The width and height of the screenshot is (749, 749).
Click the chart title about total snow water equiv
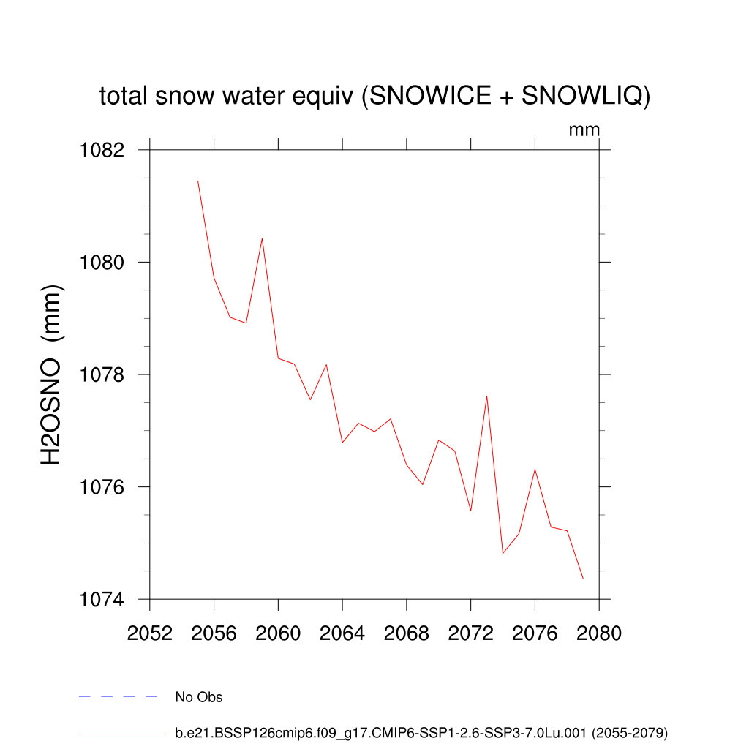(374, 96)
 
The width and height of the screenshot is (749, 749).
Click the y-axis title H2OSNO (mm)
(52, 374)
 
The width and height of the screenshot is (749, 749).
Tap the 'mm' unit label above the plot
(584, 130)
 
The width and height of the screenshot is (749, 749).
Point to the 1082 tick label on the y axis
(102, 150)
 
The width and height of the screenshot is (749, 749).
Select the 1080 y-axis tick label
(102, 263)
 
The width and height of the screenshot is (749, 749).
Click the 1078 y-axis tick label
(102, 374)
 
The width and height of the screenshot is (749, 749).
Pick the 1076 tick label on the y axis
(102, 487)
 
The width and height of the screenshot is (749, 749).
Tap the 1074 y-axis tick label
(102, 600)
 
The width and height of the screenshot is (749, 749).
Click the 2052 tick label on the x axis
(150, 633)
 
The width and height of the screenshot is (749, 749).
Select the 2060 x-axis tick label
(278, 633)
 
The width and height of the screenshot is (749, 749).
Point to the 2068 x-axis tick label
(407, 633)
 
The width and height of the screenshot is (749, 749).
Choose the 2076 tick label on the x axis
(535, 633)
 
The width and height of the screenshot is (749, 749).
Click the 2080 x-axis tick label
(599, 633)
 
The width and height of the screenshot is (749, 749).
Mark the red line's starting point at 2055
(198, 181)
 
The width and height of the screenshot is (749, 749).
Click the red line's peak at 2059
(262, 238)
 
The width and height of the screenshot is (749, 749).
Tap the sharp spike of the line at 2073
(486, 396)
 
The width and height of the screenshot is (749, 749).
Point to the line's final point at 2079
(583, 579)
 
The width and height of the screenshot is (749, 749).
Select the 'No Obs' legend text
(199, 697)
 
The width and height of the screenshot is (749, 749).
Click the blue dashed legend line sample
(118, 697)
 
